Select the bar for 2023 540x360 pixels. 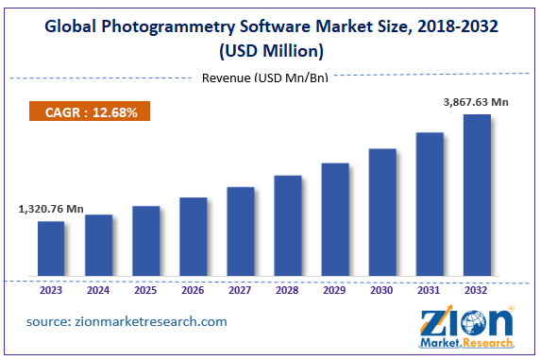pyautogui.click(x=51, y=249)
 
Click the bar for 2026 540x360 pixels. pyautogui.click(x=193, y=238)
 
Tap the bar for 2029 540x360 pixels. pyautogui.click(x=335, y=221)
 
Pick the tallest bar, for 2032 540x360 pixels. pyautogui.click(x=477, y=197)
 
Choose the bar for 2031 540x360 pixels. pyautogui.click(x=430, y=205)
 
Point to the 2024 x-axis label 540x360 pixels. pyautogui.click(x=98, y=291)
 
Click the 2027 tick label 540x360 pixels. pyautogui.click(x=240, y=291)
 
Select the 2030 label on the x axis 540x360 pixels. pyautogui.click(x=382, y=291)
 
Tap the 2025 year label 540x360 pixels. pyautogui.click(x=145, y=291)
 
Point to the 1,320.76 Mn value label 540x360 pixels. pyautogui.click(x=50, y=210)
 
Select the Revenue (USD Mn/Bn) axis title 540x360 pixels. pyautogui.click(x=265, y=77)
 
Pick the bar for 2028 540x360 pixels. pyautogui.click(x=288, y=227)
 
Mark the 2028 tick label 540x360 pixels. pyautogui.click(x=288, y=291)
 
